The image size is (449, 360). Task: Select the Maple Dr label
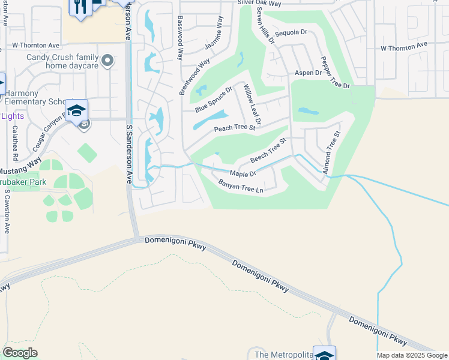click(243, 173)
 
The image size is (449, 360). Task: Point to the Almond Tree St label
click(331, 153)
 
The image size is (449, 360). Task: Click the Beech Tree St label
click(268, 151)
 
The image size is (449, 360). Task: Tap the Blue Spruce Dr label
click(213, 100)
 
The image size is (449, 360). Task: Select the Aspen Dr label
click(308, 73)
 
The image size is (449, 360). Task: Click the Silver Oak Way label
click(259, 3)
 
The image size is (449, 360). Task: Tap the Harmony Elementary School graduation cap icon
click(77, 110)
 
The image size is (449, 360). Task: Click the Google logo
click(20, 353)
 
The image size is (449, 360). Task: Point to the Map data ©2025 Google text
click(412, 355)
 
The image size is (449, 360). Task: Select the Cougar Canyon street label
click(48, 132)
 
